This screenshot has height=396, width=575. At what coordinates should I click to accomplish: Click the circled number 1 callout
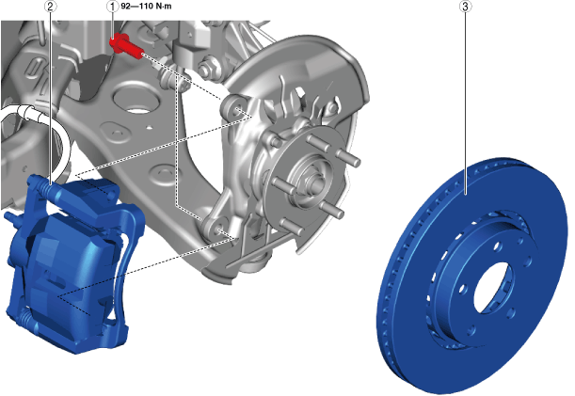112,7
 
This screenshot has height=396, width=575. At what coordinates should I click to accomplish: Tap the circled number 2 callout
51,7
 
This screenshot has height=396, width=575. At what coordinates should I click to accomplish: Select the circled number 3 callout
466,7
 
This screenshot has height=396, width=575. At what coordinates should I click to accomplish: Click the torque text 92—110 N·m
146,7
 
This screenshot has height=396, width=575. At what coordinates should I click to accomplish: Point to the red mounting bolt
126,46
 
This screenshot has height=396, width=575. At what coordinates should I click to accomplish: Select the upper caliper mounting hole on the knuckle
237,109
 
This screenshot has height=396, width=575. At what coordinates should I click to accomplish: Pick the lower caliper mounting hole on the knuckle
221,230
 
